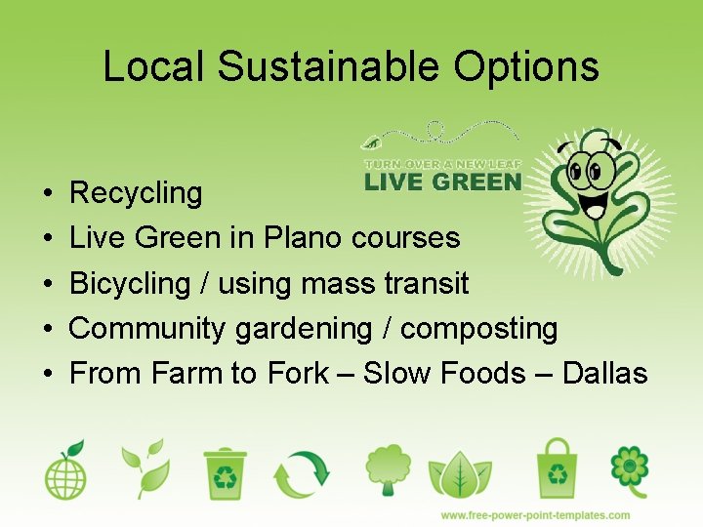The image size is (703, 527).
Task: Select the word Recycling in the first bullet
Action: click(x=136, y=193)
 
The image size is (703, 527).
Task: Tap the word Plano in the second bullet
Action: click(x=302, y=237)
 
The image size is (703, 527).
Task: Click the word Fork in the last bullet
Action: click(x=296, y=373)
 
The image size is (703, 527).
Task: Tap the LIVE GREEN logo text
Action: click(x=442, y=182)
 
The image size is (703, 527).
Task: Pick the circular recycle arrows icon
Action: click(x=303, y=472)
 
